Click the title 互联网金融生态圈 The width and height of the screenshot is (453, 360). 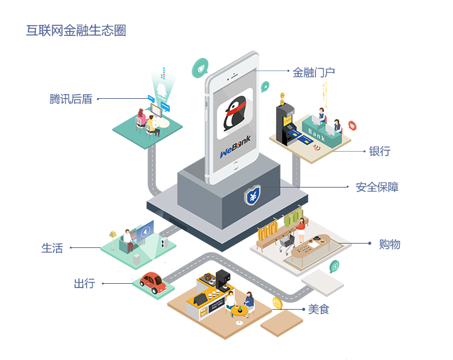[x=76, y=30]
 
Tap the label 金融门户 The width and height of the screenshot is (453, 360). [x=314, y=72]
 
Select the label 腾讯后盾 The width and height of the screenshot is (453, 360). [x=71, y=99]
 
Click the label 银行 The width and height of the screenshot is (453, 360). [x=379, y=151]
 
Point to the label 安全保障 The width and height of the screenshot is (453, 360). [x=377, y=187]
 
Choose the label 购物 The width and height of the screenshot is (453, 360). [x=389, y=244]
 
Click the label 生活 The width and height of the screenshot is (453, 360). [x=52, y=248]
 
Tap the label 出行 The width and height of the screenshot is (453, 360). [x=84, y=284]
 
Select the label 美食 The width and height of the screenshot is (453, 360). [x=318, y=310]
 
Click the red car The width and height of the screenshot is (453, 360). [x=153, y=282]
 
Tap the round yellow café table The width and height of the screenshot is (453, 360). [x=239, y=310]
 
